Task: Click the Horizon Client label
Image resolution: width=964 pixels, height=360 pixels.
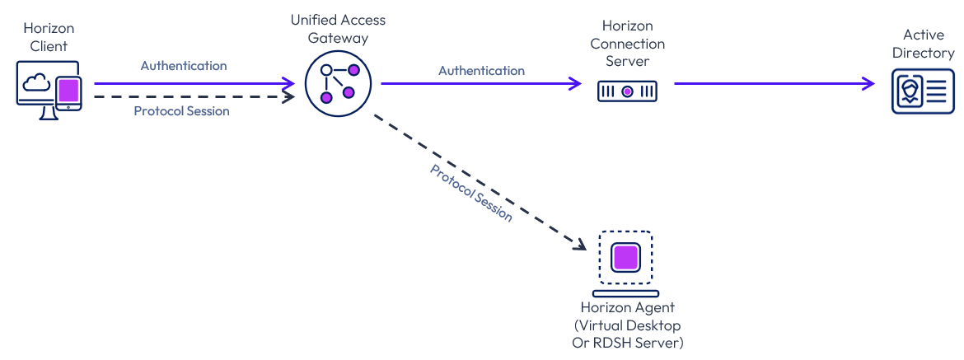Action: point(49,38)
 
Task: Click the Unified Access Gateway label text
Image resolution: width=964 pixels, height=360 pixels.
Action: point(338,29)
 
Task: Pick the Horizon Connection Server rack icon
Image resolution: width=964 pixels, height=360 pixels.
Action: point(627,91)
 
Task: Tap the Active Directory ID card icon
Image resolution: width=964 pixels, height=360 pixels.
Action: point(923,91)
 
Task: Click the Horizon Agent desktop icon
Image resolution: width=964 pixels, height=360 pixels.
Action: point(625,263)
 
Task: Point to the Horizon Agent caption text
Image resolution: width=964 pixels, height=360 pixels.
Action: point(627,325)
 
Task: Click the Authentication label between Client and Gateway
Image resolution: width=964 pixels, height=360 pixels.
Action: point(184,66)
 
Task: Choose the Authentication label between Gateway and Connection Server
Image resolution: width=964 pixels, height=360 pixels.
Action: point(481,71)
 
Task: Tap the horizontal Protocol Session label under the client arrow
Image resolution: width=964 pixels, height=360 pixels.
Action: point(181,111)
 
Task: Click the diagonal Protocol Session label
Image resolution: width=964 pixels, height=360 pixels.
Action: point(471,193)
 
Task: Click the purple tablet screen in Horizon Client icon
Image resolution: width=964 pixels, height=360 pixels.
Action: point(68,90)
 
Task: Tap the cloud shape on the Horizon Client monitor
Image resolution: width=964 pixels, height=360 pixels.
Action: point(36,82)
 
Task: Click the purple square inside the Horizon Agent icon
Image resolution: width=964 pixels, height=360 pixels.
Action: point(625,257)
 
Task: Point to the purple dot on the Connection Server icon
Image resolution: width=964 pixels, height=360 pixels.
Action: point(627,91)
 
